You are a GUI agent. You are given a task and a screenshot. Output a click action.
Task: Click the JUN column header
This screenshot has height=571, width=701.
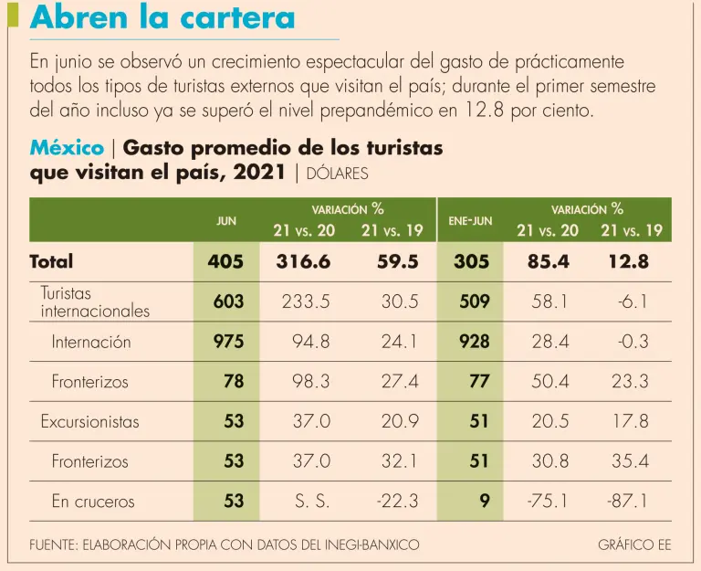coord(225,221)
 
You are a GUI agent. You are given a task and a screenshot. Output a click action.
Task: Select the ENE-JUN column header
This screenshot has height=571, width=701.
coord(470,221)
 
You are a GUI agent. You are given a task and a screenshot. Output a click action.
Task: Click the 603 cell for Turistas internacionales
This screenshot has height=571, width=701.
coord(227,301)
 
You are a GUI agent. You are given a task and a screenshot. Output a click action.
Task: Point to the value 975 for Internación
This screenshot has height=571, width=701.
coord(227,342)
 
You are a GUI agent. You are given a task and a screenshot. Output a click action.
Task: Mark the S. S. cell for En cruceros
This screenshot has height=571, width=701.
coord(312,502)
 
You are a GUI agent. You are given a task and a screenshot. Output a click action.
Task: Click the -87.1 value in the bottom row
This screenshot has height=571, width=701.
coord(627,502)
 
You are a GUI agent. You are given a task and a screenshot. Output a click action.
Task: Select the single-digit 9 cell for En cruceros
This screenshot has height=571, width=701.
coord(484,502)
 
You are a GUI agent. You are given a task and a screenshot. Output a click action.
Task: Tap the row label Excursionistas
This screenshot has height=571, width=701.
coord(89,421)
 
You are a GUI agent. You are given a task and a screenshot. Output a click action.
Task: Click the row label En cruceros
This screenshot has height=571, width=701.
coord(92,502)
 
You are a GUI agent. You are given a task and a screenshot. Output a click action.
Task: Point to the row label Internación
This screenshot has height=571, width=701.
coord(91,342)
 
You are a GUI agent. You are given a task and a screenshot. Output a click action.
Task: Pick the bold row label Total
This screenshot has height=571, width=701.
coord(51,261)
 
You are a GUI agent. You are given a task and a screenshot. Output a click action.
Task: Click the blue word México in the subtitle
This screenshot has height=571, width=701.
coord(67,148)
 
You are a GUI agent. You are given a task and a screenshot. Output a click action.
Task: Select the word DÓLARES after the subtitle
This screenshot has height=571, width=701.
coord(337,173)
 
